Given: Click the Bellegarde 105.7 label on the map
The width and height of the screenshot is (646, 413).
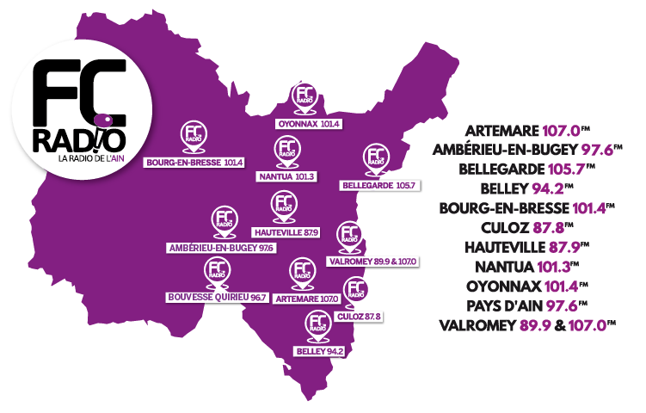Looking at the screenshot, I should [x=379, y=185].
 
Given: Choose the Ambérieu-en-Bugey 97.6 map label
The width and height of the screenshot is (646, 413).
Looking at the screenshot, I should [x=221, y=248].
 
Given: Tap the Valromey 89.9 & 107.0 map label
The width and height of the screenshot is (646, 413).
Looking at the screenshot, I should [x=372, y=260].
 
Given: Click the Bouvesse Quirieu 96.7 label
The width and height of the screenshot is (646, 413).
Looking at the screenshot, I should [x=217, y=297].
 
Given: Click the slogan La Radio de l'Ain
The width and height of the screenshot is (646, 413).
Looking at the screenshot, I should [x=89, y=158].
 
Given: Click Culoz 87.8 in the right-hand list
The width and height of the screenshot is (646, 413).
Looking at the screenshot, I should [x=529, y=228].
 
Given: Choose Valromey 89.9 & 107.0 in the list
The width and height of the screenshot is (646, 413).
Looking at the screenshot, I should [x=529, y=325].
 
